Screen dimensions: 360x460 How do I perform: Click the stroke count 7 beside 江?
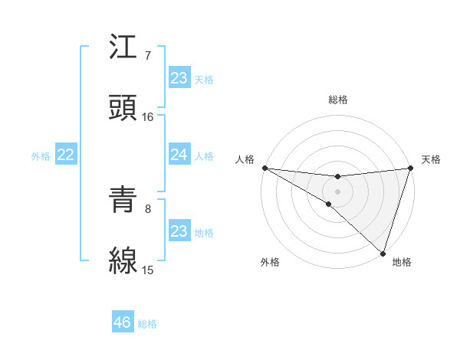tap(148, 57)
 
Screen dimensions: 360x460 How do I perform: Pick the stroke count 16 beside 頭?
tap(148, 116)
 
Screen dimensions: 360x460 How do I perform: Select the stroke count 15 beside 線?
tap(148, 270)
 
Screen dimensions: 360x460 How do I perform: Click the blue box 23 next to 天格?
tap(179, 77)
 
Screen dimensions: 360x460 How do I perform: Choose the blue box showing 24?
tap(179, 155)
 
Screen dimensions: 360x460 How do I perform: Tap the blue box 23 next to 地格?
tap(179, 231)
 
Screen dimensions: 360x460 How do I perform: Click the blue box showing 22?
tap(66, 155)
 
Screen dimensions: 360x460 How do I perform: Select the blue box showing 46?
tap(123, 322)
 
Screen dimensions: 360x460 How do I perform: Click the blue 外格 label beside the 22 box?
tap(41, 155)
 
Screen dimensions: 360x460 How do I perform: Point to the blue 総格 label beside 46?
tap(148, 324)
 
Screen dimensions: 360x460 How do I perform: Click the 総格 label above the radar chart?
tap(337, 100)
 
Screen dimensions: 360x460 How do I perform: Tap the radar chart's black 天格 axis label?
tap(431, 159)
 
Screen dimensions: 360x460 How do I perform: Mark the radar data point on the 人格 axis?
tap(264, 168)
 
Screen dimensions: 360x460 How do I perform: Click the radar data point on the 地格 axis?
tap(383, 253)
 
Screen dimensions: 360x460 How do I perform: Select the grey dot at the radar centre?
tap(337, 191)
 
